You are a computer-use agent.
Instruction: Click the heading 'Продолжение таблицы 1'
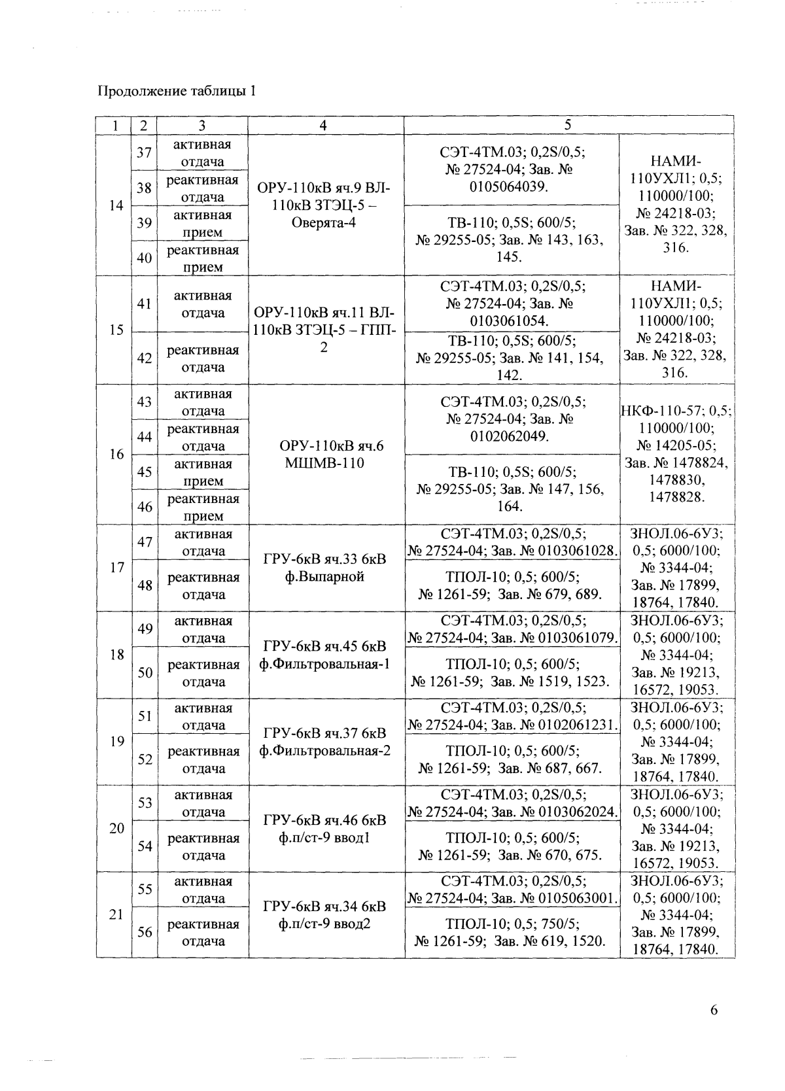point(176,91)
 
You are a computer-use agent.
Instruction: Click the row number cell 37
point(144,152)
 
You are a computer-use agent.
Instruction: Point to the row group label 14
point(116,205)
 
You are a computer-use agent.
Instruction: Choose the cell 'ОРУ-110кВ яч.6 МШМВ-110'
point(326,455)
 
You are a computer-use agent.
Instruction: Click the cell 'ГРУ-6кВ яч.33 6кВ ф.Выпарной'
point(326,568)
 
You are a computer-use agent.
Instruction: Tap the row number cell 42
point(144,358)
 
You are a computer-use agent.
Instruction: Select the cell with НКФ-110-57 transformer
point(676,455)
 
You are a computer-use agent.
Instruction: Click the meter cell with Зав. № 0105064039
point(512,169)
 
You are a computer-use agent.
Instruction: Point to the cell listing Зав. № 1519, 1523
point(512,673)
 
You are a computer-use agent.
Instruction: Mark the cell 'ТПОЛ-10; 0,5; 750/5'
point(512,933)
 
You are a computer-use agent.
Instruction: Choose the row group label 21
point(116,915)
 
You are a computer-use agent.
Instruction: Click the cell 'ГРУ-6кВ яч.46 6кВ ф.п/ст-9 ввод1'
point(326,829)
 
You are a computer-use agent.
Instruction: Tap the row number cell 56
point(144,932)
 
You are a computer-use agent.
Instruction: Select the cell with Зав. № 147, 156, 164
point(512,489)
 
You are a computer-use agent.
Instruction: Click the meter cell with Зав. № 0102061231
point(512,716)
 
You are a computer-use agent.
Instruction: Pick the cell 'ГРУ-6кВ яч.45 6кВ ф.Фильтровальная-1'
point(326,655)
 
